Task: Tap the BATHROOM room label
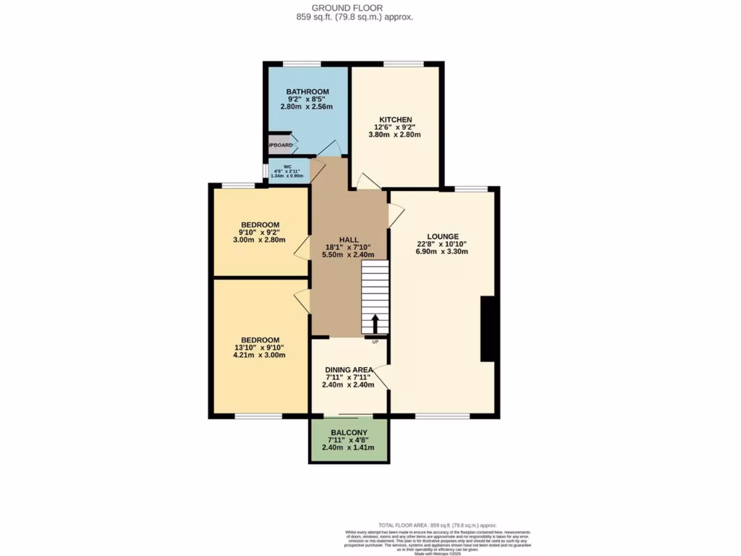307,92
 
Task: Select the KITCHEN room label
395,119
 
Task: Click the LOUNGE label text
441,236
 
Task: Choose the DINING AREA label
349,369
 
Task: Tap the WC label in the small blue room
287,166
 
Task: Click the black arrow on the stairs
375,324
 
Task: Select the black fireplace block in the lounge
488,328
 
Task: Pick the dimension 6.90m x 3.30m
441,252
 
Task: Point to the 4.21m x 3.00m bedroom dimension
260,355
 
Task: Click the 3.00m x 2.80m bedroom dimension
260,240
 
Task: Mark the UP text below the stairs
375,341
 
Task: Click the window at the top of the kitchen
394,64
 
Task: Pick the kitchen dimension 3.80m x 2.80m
395,135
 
